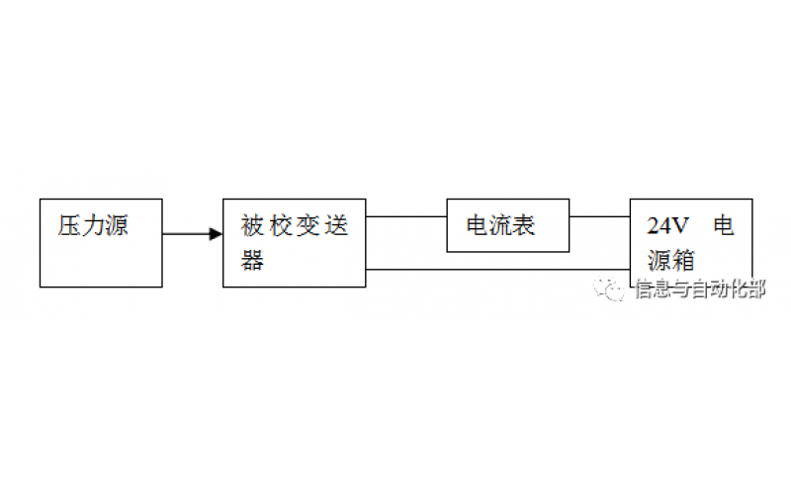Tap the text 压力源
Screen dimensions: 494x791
click(x=92, y=225)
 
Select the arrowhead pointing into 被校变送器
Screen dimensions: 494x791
click(x=216, y=234)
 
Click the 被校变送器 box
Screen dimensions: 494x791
click(x=294, y=243)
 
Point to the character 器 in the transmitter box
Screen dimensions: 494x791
click(x=253, y=260)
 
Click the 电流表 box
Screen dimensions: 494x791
click(x=508, y=225)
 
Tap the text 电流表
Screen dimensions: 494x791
click(x=501, y=226)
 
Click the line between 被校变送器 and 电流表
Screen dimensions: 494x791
click(x=405, y=216)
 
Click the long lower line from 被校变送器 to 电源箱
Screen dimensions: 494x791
click(x=498, y=269)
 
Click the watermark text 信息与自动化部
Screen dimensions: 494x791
click(x=698, y=289)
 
